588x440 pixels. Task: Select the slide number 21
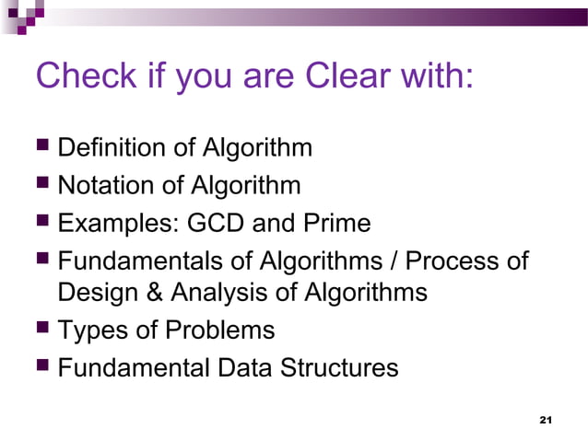(x=544, y=420)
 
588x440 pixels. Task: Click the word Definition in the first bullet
(x=114, y=147)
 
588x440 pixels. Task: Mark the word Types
(x=89, y=330)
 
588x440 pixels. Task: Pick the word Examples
(x=119, y=223)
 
